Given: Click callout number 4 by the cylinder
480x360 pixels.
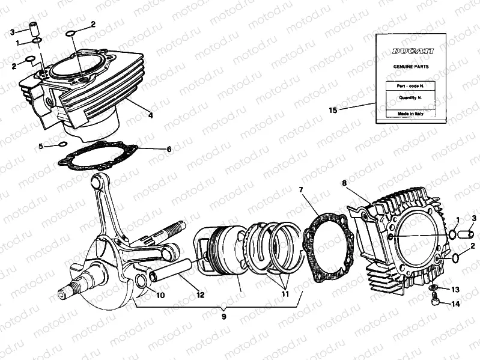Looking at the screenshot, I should pyautogui.click(x=150, y=114).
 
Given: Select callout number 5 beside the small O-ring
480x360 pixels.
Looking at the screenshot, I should pyautogui.click(x=40, y=146).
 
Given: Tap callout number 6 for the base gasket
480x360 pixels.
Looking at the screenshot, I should pyautogui.click(x=169, y=148).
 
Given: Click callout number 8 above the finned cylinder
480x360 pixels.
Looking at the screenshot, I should pyautogui.click(x=344, y=183).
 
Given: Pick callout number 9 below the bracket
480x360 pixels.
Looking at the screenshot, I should pyautogui.click(x=223, y=316).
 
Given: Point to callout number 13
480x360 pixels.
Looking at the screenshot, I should pyautogui.click(x=455, y=289).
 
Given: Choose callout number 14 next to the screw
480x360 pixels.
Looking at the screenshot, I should pyautogui.click(x=455, y=304).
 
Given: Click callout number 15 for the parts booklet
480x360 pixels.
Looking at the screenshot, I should pyautogui.click(x=333, y=110).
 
